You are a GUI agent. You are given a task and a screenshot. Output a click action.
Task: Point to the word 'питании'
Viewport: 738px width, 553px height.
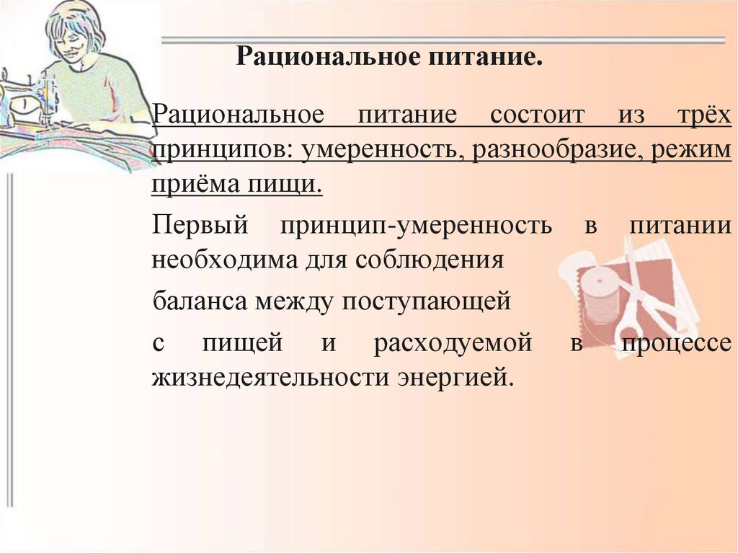click(x=681, y=225)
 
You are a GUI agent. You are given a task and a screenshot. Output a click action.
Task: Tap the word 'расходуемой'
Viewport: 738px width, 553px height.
click(x=453, y=342)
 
